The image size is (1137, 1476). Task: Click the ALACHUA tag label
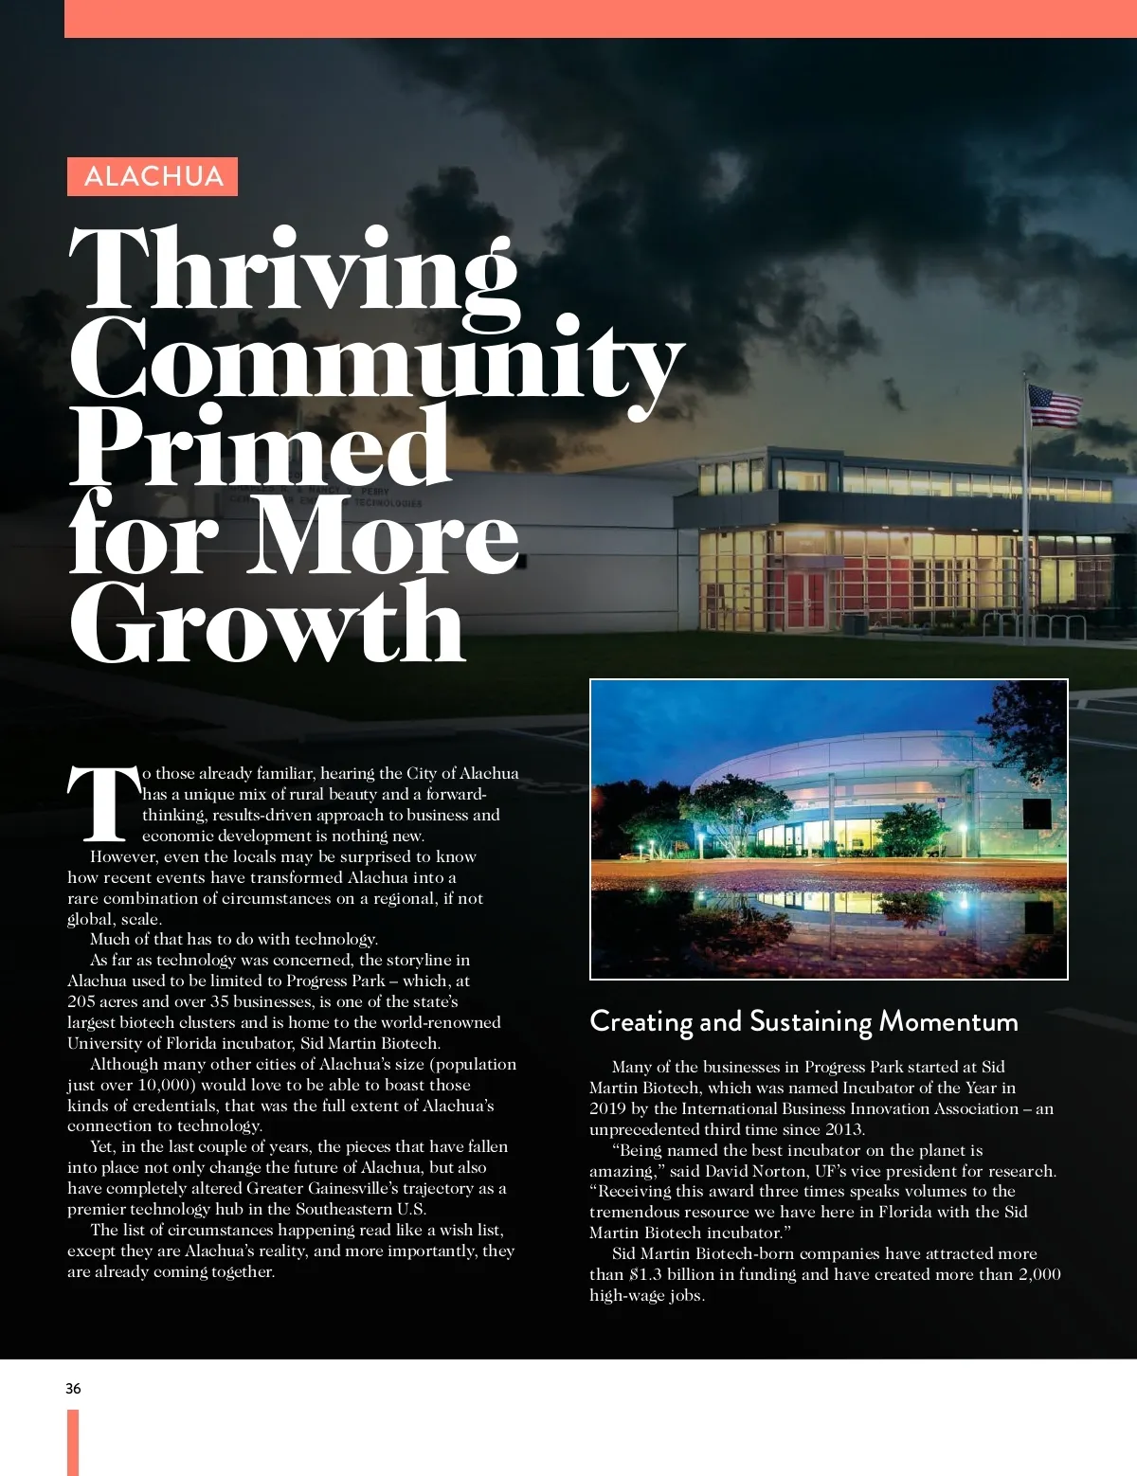[x=153, y=176]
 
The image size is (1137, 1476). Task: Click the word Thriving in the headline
[x=294, y=270]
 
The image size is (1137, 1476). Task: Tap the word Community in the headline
[x=376, y=358]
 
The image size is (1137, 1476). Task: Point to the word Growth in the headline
[x=267, y=623]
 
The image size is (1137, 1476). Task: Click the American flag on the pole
[x=1055, y=405]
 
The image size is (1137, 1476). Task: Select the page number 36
[x=73, y=1389]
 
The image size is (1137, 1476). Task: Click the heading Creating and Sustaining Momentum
[x=803, y=1021]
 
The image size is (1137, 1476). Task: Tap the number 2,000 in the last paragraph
[x=1039, y=1274]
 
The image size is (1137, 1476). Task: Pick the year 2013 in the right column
[x=842, y=1129]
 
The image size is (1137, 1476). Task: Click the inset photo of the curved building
[x=828, y=829]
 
